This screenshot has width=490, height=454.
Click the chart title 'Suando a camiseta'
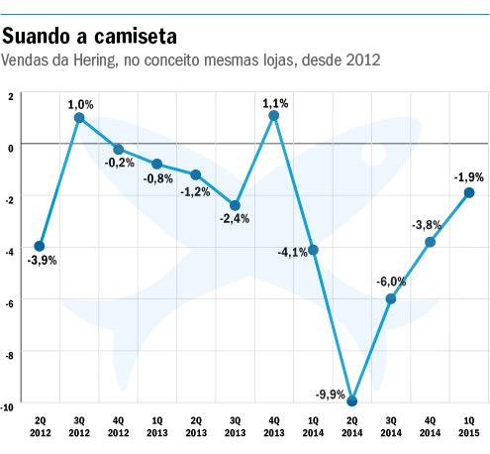[90, 37]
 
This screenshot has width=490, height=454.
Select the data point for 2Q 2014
[352, 400]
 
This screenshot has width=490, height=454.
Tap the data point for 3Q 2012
[79, 118]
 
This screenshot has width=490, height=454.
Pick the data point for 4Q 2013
[274, 115]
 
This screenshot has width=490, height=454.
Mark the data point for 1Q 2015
[469, 192]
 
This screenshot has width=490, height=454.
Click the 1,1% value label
[275, 101]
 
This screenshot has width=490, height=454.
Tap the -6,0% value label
[391, 282]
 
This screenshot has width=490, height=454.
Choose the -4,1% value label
[294, 253]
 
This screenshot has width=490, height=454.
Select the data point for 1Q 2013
[156, 164]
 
